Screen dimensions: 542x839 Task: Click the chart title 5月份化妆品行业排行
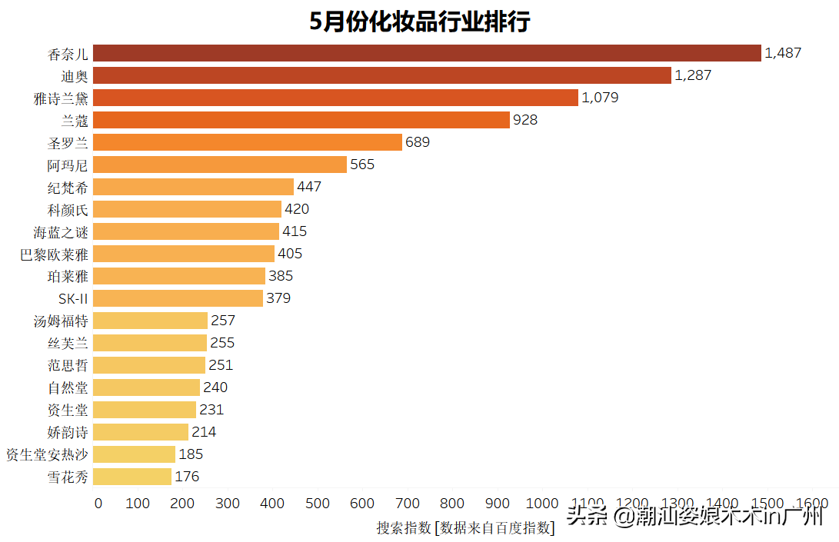420,22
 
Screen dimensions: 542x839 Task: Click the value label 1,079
600,98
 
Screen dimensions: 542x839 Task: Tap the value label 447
309,187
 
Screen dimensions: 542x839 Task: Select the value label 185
191,454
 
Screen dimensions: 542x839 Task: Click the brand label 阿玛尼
68,165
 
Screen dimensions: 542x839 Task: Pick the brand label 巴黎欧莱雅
55,254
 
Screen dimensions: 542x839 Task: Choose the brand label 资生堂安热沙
47,454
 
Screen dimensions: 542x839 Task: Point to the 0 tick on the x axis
98,504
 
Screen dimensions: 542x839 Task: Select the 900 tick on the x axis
497,504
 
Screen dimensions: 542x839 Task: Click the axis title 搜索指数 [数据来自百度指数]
464,527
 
